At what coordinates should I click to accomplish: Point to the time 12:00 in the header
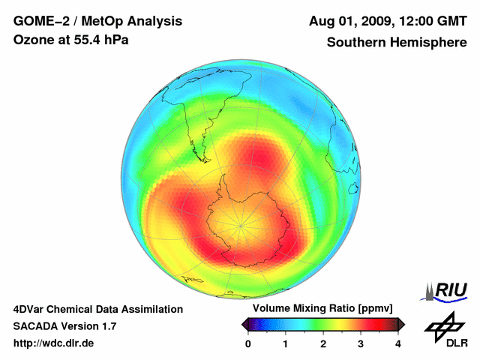coord(416,21)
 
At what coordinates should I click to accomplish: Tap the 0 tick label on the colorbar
coord(248,343)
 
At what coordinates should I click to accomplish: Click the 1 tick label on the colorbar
coord(286,343)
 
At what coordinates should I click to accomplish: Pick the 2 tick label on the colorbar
coord(323,343)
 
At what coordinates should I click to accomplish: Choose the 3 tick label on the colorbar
coord(361,343)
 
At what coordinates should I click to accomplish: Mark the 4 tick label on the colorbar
coord(398,343)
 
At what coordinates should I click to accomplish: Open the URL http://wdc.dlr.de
coord(54,343)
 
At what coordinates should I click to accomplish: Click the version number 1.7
coord(106,326)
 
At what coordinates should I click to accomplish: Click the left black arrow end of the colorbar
coord(244,324)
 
